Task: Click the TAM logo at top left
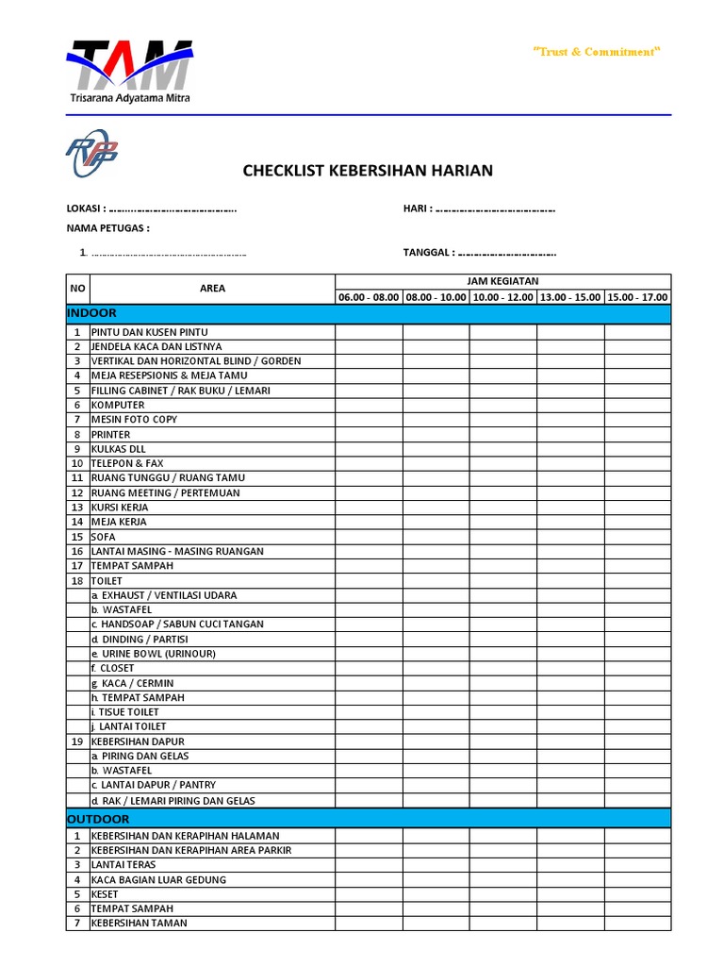coord(129,71)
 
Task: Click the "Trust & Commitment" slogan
coord(597,52)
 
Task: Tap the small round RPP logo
coord(91,153)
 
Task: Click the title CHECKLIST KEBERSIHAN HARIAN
coord(368,171)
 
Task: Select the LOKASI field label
coord(86,208)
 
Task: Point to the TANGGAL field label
coord(429,252)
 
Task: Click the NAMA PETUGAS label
coord(107,228)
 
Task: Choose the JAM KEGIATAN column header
coord(502,281)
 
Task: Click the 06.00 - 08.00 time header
coord(369,297)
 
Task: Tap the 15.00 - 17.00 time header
coord(637,297)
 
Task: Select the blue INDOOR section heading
coord(92,313)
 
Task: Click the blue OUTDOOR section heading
coord(99,819)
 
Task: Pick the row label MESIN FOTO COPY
coord(134,420)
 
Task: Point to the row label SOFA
coord(103,537)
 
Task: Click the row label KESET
coord(106,893)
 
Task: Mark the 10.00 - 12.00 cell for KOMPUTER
coord(502,405)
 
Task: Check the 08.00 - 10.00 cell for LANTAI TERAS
coord(436,864)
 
